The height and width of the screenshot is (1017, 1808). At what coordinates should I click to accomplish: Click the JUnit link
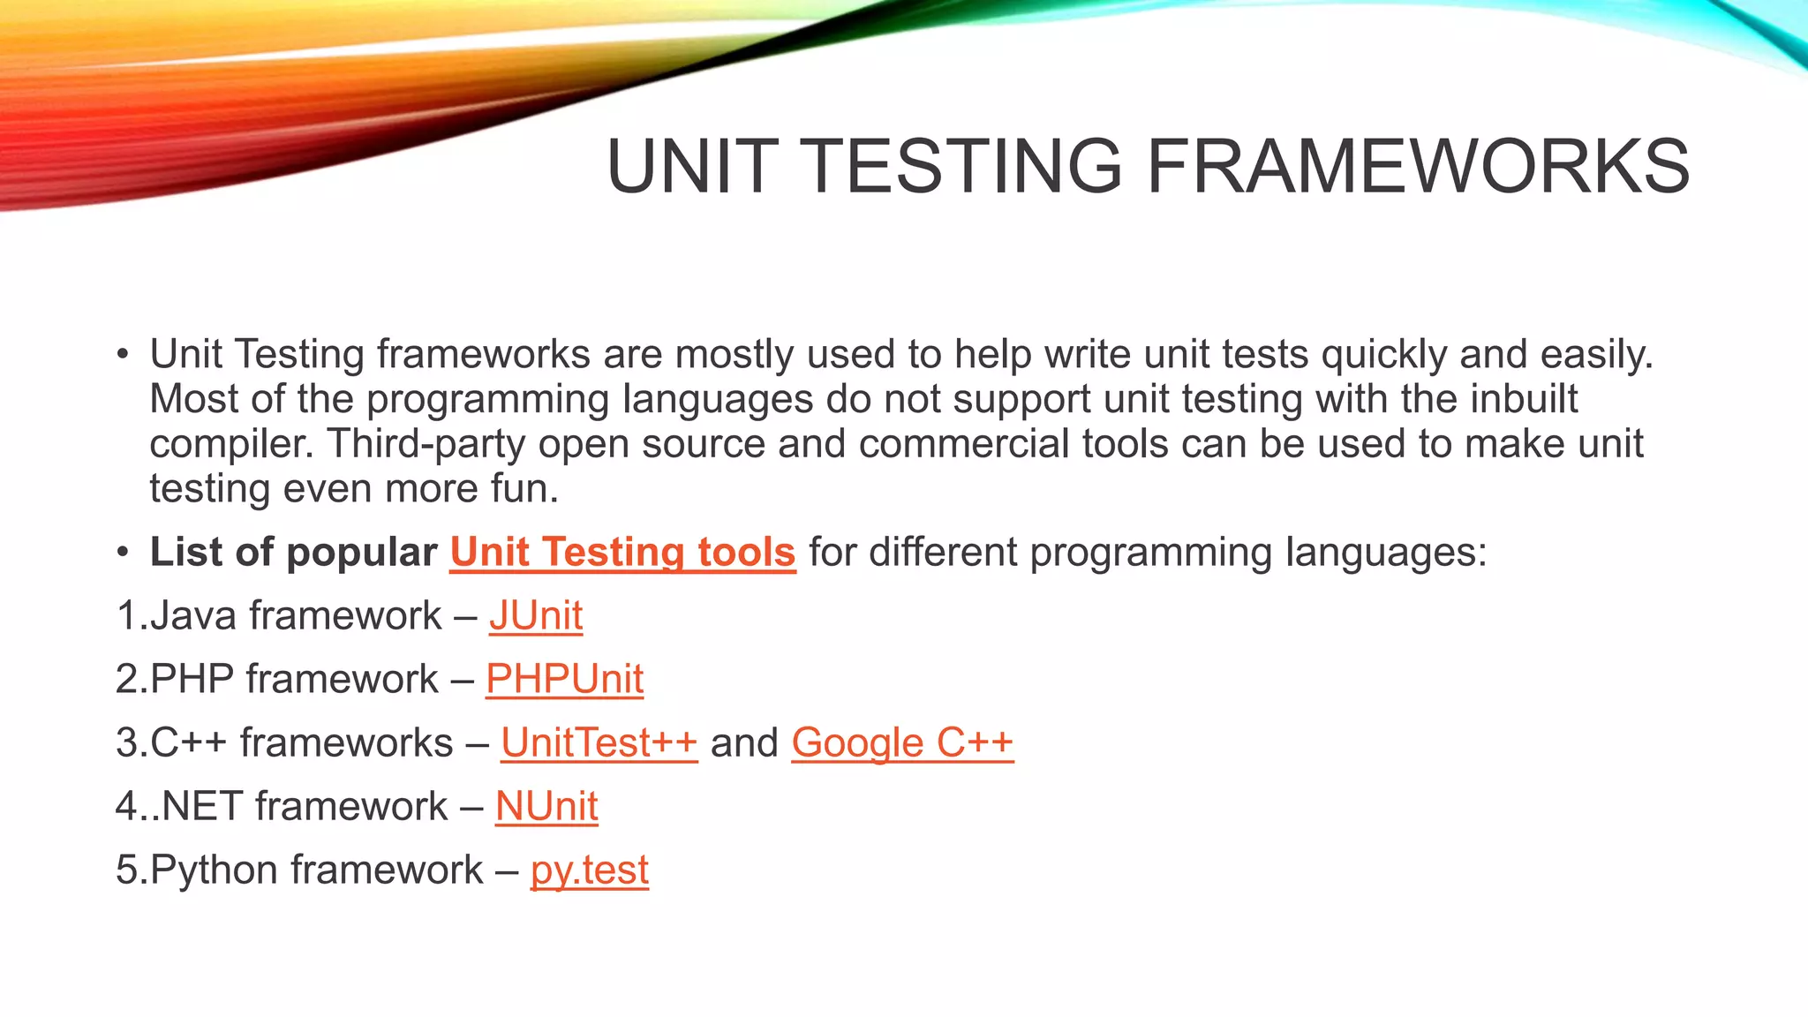click(x=536, y=615)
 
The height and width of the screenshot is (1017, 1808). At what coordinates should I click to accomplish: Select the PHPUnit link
click(x=564, y=679)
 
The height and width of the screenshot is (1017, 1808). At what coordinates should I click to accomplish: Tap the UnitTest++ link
click(x=599, y=742)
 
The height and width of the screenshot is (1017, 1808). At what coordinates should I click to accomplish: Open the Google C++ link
click(x=901, y=742)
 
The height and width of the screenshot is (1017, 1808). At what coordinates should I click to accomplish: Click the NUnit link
click(x=546, y=806)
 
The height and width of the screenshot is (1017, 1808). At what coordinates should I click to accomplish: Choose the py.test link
click(x=589, y=870)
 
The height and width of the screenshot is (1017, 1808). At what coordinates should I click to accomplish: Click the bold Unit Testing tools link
click(x=622, y=552)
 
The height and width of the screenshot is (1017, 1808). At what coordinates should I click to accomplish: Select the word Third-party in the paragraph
click(x=426, y=443)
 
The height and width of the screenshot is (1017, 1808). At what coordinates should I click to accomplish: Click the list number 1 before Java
click(x=127, y=615)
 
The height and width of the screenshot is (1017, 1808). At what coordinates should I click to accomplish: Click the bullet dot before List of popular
click(x=123, y=553)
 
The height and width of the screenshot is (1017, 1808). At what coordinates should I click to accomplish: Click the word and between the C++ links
click(x=744, y=742)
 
